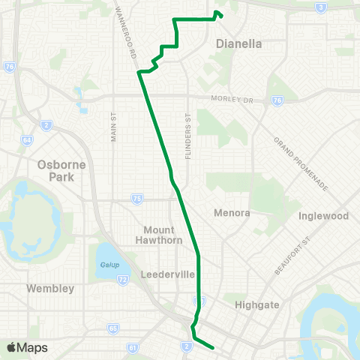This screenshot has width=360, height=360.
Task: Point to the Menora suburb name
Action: click(232, 213)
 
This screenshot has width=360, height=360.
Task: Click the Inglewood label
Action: click(323, 216)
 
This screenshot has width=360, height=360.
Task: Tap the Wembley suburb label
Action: click(49, 288)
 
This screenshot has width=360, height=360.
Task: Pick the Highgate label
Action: click(256, 305)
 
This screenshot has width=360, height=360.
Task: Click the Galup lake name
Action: click(107, 265)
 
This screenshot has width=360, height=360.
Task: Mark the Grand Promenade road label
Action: click(300, 163)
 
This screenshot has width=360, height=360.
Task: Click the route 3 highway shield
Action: click(320, 7)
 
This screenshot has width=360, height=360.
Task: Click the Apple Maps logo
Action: click(27, 347)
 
